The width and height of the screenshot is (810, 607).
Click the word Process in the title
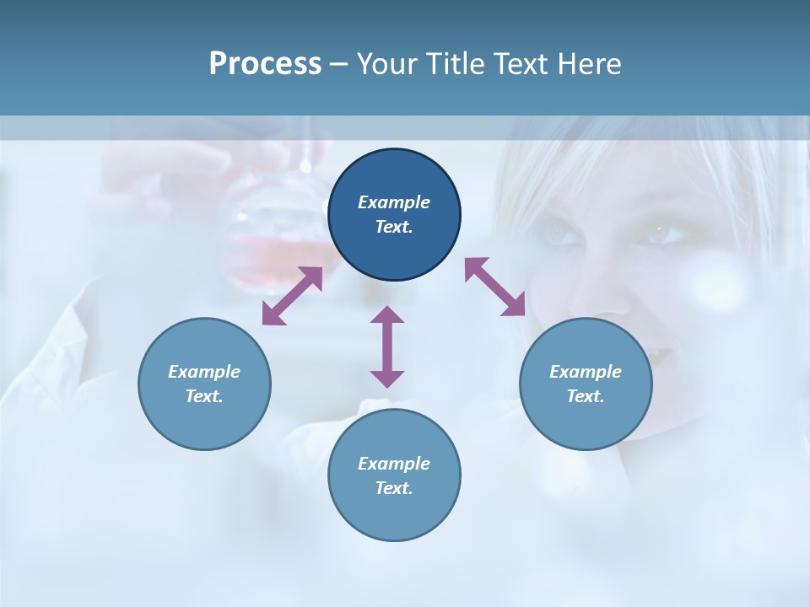tap(265, 64)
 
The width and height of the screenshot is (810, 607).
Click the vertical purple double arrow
tap(387, 346)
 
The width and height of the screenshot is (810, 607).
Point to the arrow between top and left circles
tap(292, 296)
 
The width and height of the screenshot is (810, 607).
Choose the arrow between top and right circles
tap(495, 287)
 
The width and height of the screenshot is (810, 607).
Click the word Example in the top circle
tap(394, 202)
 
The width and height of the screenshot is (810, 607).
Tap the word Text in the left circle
tap(204, 396)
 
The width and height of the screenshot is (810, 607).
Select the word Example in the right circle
tap(586, 372)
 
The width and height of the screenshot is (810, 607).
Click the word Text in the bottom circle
tap(394, 488)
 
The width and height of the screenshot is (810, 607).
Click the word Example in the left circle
tap(204, 372)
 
